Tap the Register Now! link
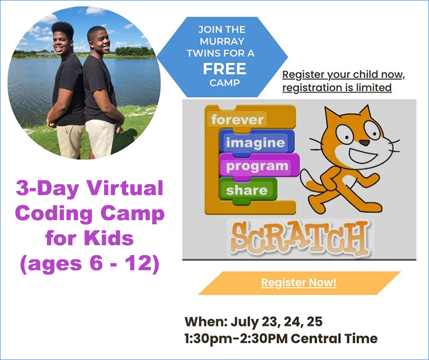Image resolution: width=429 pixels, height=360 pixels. (299, 283)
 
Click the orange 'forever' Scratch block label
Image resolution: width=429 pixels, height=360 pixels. (237, 119)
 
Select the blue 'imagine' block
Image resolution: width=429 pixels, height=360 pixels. (255, 142)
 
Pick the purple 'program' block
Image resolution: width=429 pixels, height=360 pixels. (257, 166)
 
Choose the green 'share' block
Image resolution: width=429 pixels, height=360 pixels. (247, 190)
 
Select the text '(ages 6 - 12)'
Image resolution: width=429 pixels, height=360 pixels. (89, 264)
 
